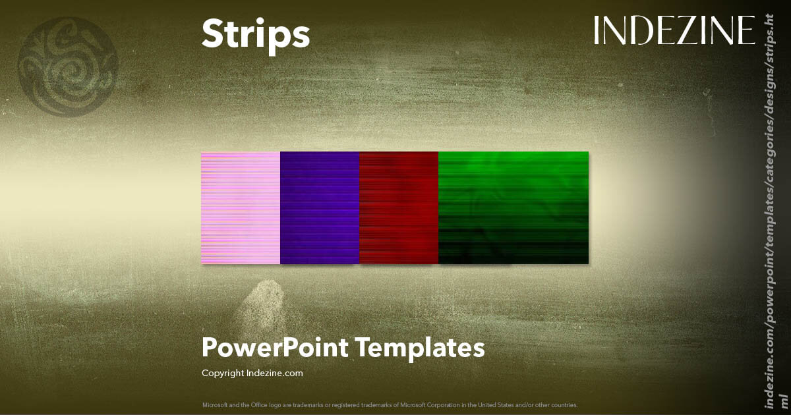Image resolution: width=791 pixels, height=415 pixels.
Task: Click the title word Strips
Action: [x=255, y=33]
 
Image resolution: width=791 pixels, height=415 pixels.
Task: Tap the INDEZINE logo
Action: [x=674, y=31]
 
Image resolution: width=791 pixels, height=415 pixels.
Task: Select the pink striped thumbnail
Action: [x=241, y=207]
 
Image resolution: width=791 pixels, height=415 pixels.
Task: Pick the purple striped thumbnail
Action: [x=320, y=207]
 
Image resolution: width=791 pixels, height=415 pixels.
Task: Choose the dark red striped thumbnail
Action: [x=399, y=207]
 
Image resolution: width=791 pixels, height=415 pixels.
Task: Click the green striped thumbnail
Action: [x=513, y=207]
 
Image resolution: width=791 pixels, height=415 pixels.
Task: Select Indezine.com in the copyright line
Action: [x=275, y=373]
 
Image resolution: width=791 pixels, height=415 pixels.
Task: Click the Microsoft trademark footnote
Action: [x=390, y=404]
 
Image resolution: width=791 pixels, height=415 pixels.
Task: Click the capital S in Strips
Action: [x=212, y=33]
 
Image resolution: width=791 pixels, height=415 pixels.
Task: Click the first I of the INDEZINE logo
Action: [x=597, y=31]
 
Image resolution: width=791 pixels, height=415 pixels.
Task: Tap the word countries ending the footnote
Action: [x=566, y=404]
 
